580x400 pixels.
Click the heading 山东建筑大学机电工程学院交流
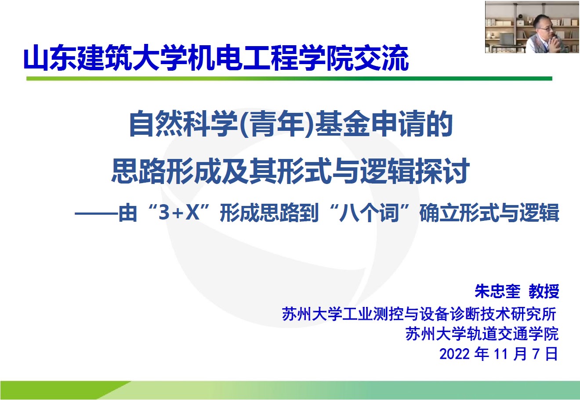(x=216, y=58)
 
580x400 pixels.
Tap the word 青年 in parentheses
(x=276, y=123)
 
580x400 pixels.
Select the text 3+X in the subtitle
(x=179, y=213)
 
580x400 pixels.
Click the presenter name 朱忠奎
(x=497, y=291)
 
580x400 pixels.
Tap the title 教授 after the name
(x=544, y=291)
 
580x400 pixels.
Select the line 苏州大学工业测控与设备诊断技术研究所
(x=419, y=314)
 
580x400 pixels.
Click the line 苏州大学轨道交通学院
(x=482, y=334)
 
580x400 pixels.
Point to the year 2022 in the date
(x=454, y=354)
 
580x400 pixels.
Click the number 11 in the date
(x=501, y=354)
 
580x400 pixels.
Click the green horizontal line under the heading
(x=289, y=79)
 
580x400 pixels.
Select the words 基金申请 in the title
(x=370, y=123)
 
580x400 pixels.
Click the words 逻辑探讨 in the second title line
(x=414, y=171)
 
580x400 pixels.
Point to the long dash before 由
(x=96, y=213)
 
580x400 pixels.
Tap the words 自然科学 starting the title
(x=184, y=123)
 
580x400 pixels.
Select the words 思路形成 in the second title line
(x=166, y=171)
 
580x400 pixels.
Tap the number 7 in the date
(x=536, y=354)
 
